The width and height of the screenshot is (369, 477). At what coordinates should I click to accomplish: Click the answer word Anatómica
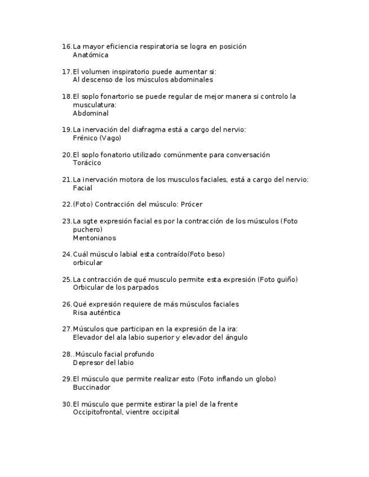(90, 55)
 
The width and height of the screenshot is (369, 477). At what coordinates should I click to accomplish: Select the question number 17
(66, 71)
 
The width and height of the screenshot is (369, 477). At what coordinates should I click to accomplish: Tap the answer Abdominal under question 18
(90, 113)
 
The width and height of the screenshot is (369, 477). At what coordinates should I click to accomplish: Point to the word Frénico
(85, 138)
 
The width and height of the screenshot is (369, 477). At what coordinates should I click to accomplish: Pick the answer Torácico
(87, 163)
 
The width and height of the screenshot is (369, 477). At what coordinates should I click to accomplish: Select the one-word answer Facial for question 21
(82, 188)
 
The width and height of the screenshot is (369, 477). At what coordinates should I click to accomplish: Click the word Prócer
(192, 204)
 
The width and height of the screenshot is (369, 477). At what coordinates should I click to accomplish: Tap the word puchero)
(87, 229)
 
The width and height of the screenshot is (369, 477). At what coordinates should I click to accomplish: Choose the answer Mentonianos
(94, 238)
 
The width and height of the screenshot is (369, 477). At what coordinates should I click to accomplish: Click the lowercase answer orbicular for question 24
(87, 263)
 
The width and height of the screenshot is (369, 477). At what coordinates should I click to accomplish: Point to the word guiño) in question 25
(284, 280)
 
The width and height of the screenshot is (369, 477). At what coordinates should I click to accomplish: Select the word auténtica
(105, 313)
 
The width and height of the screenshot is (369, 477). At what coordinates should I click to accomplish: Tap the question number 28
(66, 354)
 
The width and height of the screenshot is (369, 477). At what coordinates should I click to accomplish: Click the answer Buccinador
(91, 388)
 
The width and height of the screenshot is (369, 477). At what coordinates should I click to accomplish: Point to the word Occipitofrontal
(97, 412)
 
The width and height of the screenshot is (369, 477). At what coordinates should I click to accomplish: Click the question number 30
(66, 404)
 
